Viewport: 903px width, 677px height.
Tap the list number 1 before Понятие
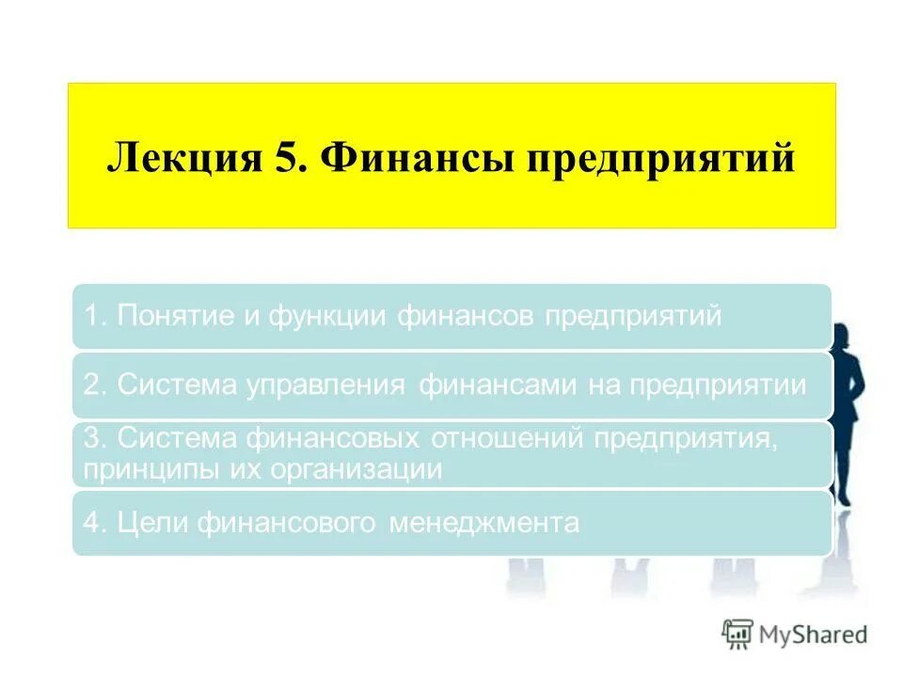[91, 317]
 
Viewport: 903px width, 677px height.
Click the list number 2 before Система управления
[91, 386]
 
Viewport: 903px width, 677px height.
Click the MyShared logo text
[814, 635]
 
